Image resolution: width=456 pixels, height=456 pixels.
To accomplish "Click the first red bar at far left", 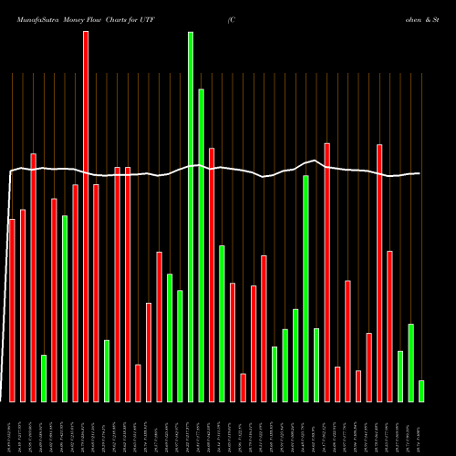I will (12, 310).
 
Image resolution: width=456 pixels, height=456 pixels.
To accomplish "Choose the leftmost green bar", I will (44, 378).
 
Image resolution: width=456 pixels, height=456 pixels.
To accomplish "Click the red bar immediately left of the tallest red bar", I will (75, 293).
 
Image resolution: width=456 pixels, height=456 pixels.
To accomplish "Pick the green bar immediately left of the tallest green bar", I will (180, 346).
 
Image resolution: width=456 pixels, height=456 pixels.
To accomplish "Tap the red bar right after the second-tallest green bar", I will (212, 275).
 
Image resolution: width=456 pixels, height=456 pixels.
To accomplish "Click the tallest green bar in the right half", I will (306, 288).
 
